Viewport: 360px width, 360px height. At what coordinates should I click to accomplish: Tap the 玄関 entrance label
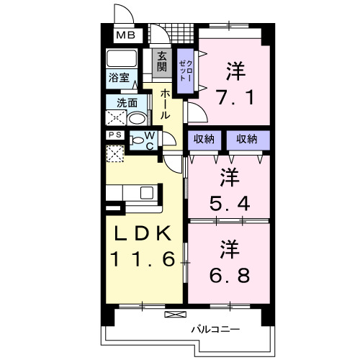[x=162, y=63]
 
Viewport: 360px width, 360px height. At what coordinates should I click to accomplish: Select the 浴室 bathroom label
[x=119, y=74]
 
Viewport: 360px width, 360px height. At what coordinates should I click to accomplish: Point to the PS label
[x=114, y=135]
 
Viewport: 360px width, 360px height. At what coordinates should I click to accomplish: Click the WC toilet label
[x=148, y=140]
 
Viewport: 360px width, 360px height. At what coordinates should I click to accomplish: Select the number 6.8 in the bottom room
[x=230, y=275]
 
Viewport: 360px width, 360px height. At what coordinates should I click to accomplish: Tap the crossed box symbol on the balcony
[x=174, y=314]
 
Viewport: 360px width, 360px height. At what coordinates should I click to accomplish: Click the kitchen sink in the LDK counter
[x=147, y=192]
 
